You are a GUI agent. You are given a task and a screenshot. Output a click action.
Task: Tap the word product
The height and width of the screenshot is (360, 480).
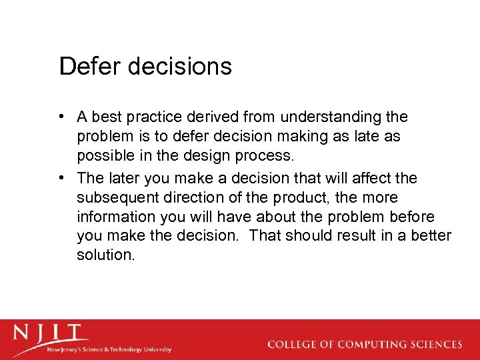pyautogui.click(x=291, y=198)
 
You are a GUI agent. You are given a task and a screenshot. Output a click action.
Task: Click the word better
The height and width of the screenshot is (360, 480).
pyautogui.click(x=431, y=236)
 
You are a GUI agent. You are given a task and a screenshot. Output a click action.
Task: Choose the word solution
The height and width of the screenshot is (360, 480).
pyautogui.click(x=105, y=255)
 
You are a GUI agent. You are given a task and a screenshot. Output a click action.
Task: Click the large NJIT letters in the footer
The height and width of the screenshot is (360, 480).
pyautogui.click(x=51, y=333)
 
